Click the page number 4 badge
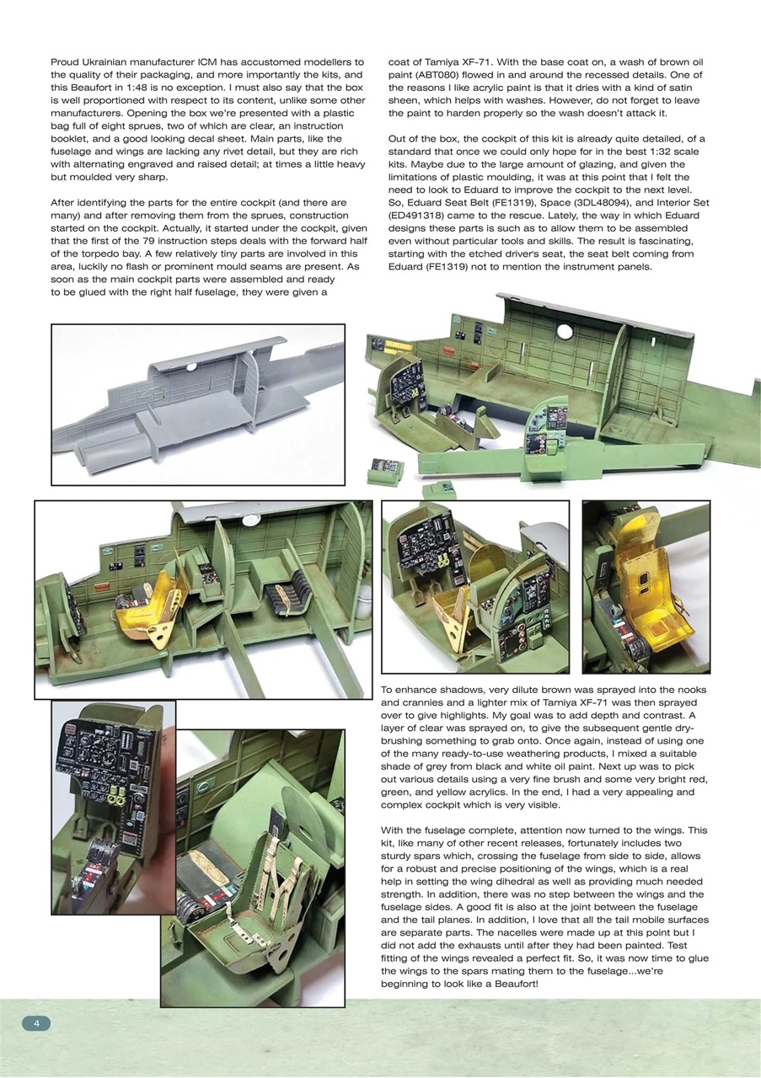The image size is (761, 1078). tap(36, 1022)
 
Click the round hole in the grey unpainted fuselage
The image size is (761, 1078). tap(191, 366)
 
